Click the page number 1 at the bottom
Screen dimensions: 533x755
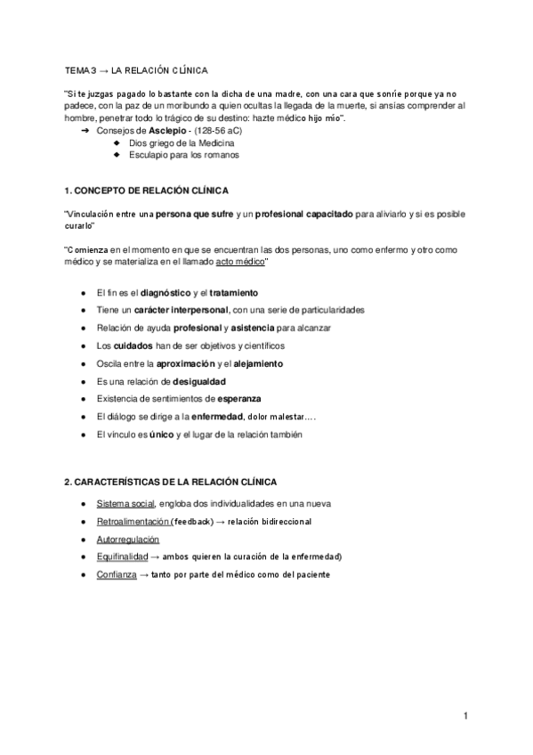pos(465,715)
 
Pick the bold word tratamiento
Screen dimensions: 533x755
pos(234,292)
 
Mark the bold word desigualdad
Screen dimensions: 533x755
pos(182,381)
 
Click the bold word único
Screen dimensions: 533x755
pos(161,434)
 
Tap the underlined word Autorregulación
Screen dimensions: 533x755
pos(127,540)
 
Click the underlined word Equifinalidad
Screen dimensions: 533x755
pos(122,556)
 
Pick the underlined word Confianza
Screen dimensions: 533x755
pos(116,574)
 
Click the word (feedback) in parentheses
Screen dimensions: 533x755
pos(189,522)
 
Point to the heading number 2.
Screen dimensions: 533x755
pos(68,481)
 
